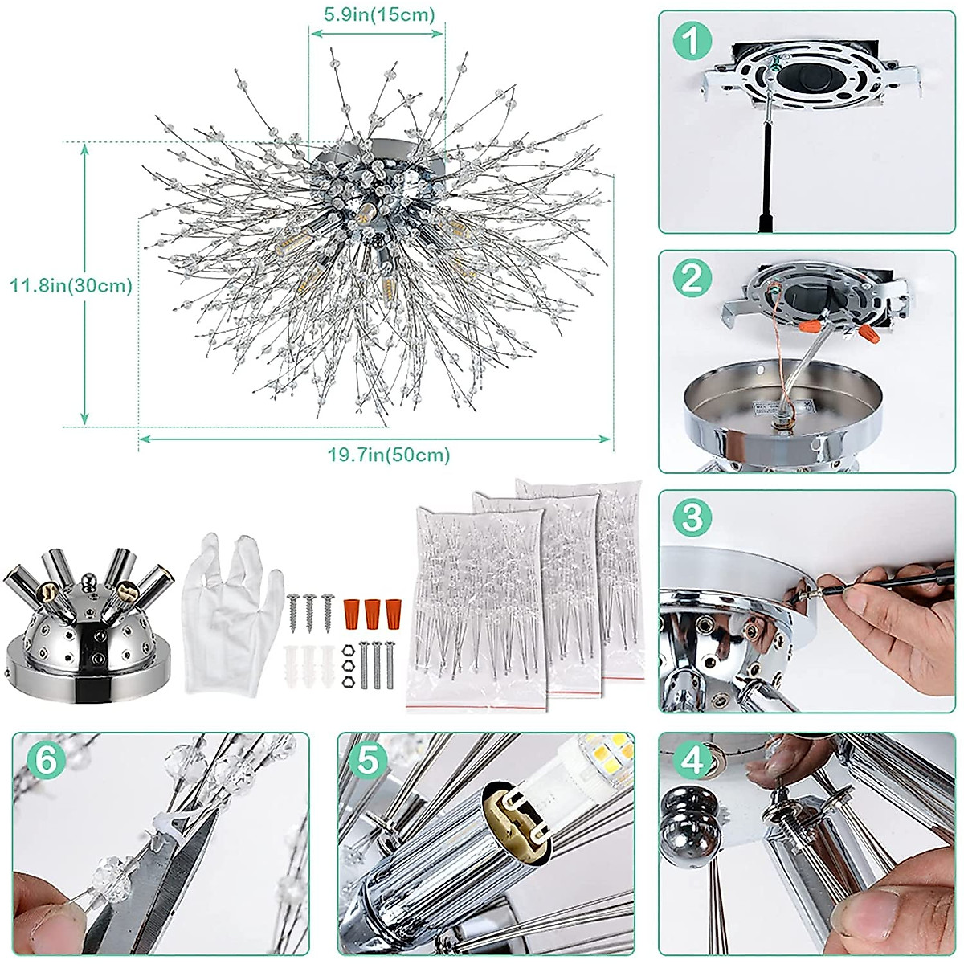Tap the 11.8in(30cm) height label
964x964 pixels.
(71, 285)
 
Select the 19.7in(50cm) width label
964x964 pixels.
(389, 455)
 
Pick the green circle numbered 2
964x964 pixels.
(692, 279)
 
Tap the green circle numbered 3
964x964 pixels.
(692, 517)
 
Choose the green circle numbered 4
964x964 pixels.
(692, 760)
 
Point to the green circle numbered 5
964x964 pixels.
(368, 760)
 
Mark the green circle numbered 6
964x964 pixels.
(47, 760)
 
